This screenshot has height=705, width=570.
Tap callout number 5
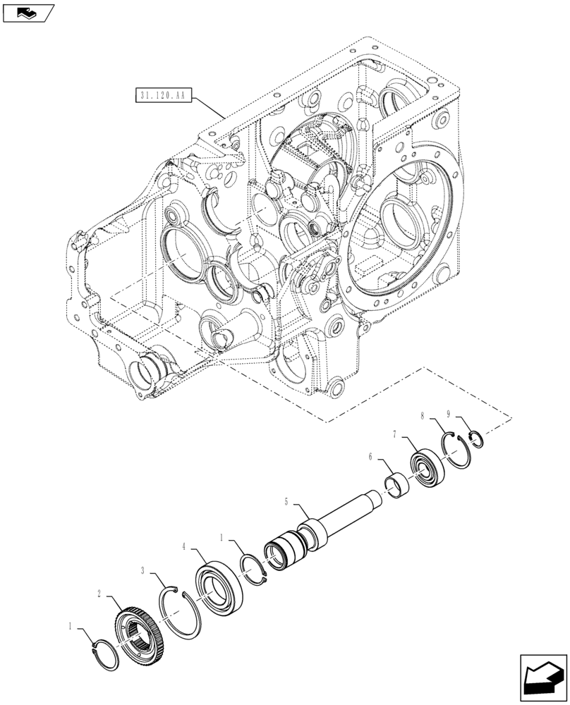pos(286,501)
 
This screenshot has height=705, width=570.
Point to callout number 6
pos(369,457)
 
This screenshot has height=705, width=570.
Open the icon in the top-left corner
pos(28,13)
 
